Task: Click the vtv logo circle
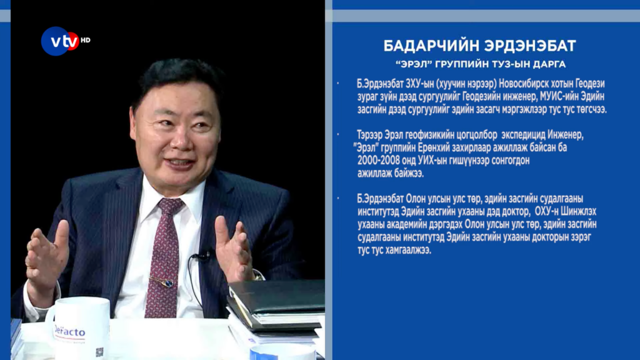pos(59,41)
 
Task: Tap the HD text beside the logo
pos(85,40)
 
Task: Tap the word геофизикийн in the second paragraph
pos(426,135)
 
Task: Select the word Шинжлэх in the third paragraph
pos(579,211)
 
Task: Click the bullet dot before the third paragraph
pos(338,198)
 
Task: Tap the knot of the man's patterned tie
pos(170,206)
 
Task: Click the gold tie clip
pos(162,281)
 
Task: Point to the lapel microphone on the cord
pos(201,256)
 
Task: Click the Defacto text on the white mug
pos(69,331)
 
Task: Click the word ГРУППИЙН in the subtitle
pos(462,64)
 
